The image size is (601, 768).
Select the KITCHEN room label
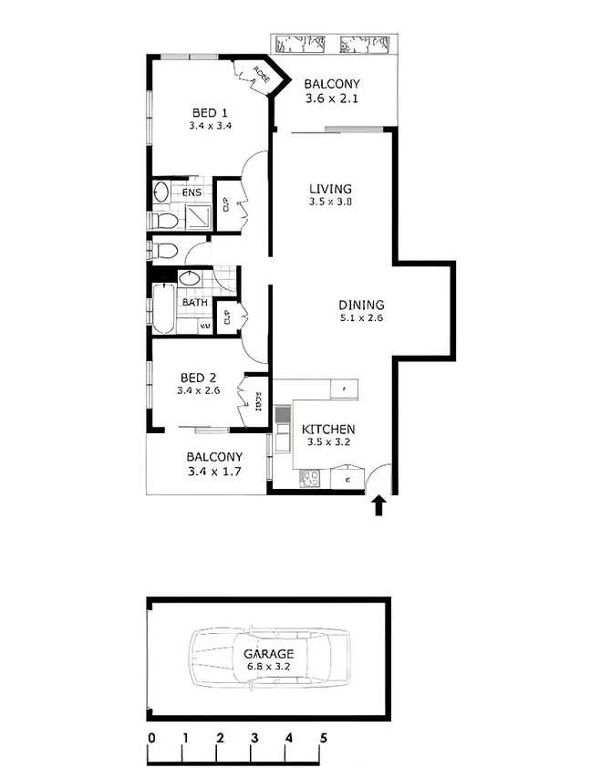click(x=328, y=430)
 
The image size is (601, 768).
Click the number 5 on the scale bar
click(x=322, y=738)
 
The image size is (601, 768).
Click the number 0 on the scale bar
click(x=150, y=738)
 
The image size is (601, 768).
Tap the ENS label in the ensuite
click(x=192, y=193)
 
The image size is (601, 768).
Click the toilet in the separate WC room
click(x=164, y=250)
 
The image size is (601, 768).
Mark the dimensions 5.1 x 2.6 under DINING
click(x=361, y=319)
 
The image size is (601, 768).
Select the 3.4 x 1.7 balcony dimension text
click(x=214, y=472)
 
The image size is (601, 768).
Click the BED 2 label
click(x=198, y=378)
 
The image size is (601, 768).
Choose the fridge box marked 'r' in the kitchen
click(x=344, y=389)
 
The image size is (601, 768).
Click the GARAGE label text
click(x=268, y=654)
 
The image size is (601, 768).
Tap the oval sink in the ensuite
click(x=161, y=192)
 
